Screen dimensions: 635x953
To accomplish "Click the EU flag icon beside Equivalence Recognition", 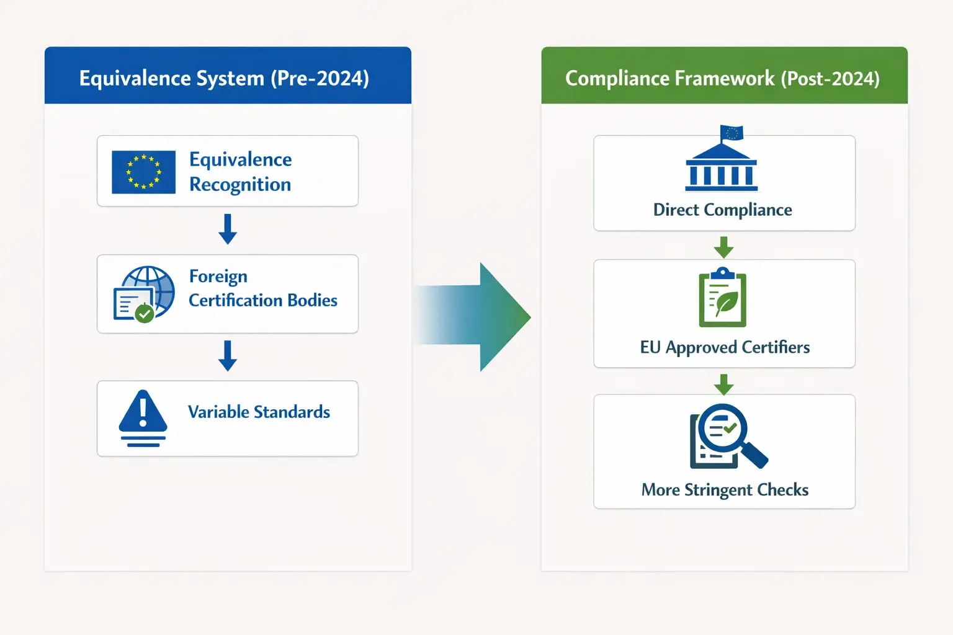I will pos(143,172).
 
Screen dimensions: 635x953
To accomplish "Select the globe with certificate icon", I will pos(144,293).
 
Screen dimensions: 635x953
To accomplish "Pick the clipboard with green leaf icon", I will pos(723,298).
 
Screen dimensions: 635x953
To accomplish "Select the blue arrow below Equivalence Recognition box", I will pos(228,229).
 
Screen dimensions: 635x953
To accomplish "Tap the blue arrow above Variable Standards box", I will pos(228,355).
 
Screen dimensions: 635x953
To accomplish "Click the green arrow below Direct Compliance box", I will pos(723,247).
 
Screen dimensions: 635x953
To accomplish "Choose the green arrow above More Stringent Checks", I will pos(723,384).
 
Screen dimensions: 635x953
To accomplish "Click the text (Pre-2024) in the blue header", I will pos(320,79).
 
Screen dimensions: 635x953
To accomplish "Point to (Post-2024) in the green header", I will pos(830,79).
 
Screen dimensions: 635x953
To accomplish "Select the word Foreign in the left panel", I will pos(218,276).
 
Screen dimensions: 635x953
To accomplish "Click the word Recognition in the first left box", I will pos(240,185).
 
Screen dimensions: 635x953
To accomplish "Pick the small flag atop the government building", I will pos(732,133).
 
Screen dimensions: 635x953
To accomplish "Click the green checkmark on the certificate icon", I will pos(145,314).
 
